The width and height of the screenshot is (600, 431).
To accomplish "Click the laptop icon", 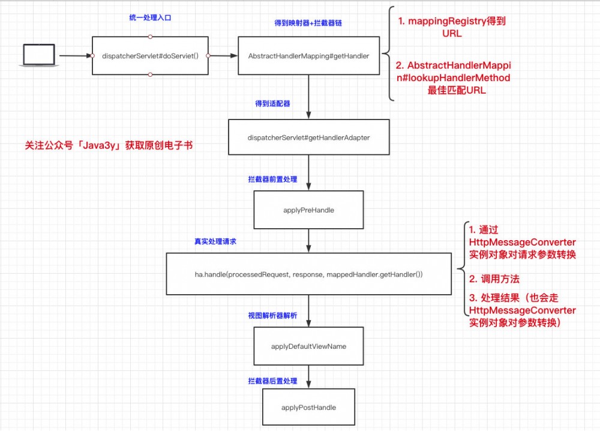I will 39,55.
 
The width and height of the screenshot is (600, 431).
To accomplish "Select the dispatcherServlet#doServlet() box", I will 150,55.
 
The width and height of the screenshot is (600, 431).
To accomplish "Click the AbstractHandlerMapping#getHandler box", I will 308,55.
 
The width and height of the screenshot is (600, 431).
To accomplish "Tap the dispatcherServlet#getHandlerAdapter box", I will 308,137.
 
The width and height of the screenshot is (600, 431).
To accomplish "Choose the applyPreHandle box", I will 308,211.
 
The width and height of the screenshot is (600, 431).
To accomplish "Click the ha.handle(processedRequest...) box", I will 308,274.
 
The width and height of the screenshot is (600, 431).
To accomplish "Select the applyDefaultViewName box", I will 308,346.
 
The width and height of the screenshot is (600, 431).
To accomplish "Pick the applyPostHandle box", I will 308,408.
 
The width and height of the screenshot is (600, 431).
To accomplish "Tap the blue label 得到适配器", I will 272,104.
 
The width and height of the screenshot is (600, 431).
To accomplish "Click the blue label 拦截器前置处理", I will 272,179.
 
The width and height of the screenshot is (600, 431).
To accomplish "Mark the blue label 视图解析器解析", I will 272,315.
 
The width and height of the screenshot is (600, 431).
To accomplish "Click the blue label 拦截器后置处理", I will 272,381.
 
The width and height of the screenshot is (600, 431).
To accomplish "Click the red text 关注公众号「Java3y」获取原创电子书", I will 109,145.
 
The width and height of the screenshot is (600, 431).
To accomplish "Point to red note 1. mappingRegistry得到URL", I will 452,27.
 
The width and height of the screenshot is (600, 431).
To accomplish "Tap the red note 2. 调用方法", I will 494,279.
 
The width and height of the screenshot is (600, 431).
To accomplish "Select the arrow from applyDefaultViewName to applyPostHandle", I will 308,377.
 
